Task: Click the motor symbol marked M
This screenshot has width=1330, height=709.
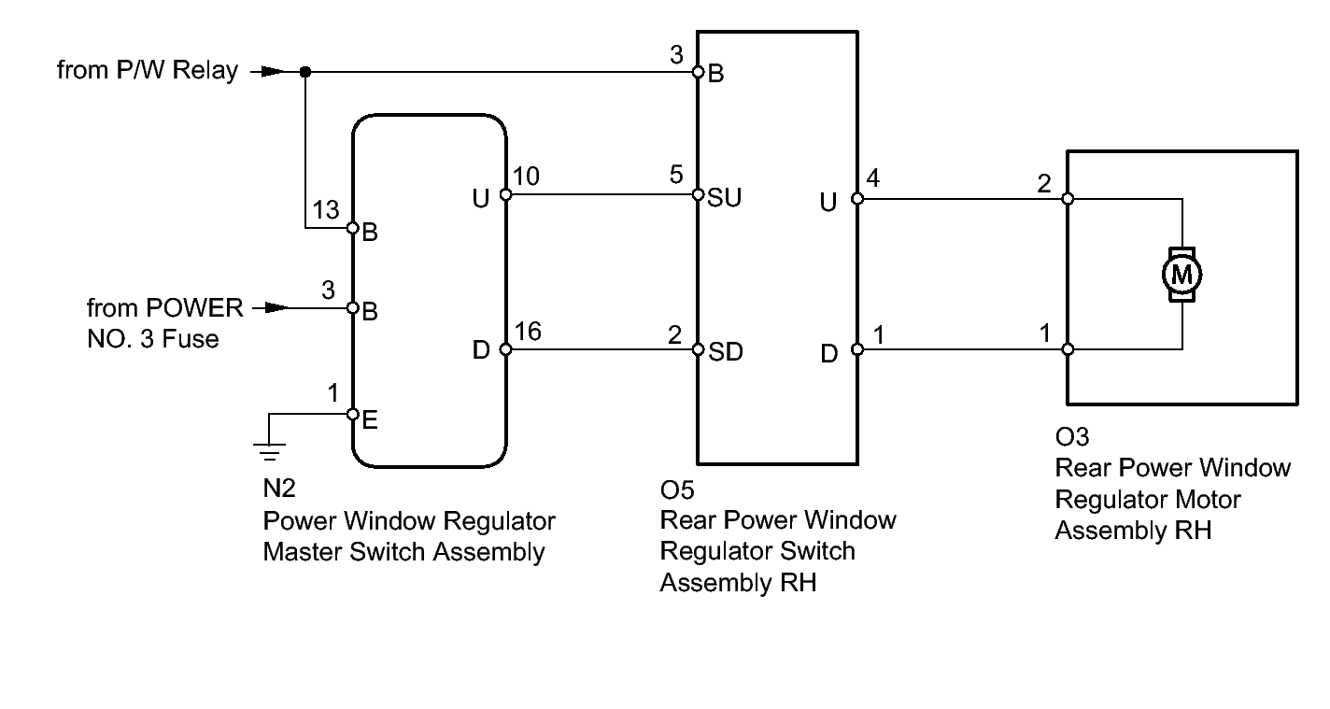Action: point(1181,275)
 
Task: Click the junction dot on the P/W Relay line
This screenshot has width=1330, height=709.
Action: point(305,71)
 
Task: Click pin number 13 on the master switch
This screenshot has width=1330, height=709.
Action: point(326,211)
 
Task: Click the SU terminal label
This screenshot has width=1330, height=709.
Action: point(726,199)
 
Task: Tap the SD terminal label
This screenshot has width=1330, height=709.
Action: point(726,353)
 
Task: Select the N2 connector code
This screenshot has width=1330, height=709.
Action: point(279,489)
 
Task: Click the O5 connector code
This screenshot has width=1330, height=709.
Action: point(677,489)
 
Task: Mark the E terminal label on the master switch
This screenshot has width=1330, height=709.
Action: point(369,421)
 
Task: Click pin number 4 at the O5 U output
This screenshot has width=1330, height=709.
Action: point(872,177)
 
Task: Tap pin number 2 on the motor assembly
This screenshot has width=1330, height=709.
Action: point(1044,183)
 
